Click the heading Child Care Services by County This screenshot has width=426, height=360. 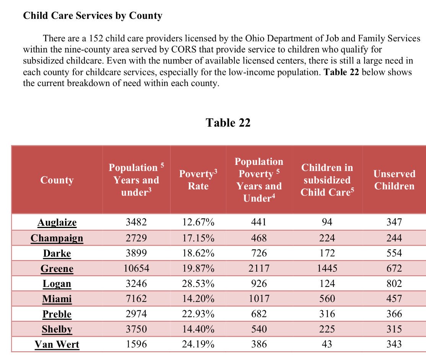tap(93, 16)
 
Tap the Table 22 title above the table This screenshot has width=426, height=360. tap(228, 123)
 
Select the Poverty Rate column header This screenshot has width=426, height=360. tap(198, 180)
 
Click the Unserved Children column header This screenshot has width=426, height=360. tap(394, 180)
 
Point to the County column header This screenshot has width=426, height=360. tap(57, 180)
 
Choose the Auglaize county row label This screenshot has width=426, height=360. tap(57, 222)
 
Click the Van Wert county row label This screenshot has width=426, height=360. tap(57, 344)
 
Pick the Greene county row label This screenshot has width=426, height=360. tap(57, 269)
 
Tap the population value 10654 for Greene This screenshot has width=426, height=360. tap(137, 268)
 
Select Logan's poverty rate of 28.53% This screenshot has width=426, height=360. tap(198, 283)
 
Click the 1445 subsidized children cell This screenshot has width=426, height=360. tap(327, 268)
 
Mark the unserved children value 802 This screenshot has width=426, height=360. tap(394, 283)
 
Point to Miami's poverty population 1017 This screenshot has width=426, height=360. tap(259, 298)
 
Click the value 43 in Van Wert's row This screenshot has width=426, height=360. tap(327, 344)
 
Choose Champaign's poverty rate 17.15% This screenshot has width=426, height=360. tap(198, 238)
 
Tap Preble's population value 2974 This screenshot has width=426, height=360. tap(137, 314)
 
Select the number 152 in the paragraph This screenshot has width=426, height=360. tap(96, 38)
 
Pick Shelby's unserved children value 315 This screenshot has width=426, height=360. tap(394, 329)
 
